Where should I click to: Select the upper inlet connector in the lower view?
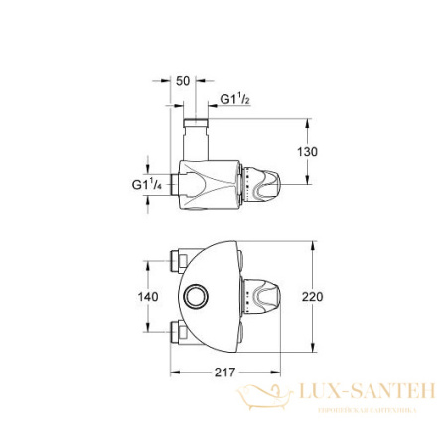tap(181, 261)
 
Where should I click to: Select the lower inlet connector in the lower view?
tap(181, 330)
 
